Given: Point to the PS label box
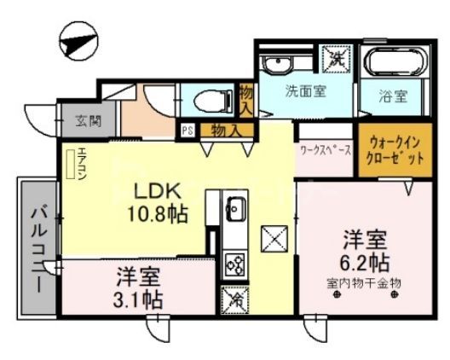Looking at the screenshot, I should pyautogui.click(x=187, y=131).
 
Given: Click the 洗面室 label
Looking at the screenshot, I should pyautogui.click(x=304, y=92).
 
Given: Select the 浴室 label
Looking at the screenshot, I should pyautogui.click(x=393, y=96).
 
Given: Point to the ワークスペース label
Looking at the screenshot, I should pyautogui.click(x=325, y=148).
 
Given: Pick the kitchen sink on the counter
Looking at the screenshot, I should pyautogui.click(x=235, y=208).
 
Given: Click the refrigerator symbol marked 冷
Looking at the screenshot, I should pyautogui.click(x=234, y=299).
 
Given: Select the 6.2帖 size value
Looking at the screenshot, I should pyautogui.click(x=367, y=260).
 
